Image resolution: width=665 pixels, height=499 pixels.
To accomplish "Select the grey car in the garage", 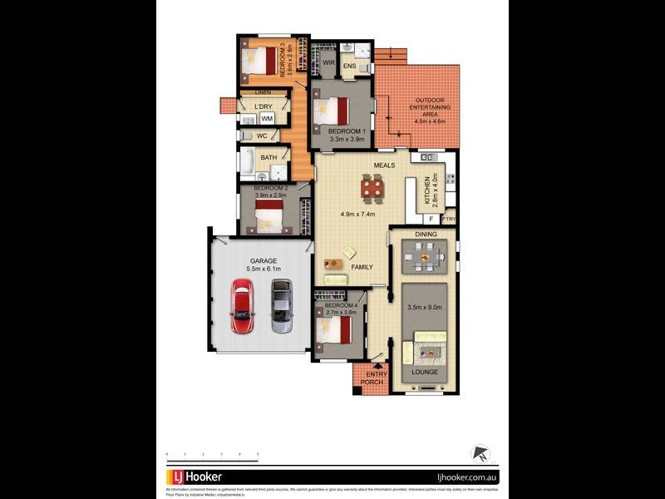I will tap(281, 304).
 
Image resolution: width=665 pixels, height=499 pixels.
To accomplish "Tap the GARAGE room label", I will tap(264, 260).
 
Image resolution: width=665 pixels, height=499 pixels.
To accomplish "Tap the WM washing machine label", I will tap(267, 119).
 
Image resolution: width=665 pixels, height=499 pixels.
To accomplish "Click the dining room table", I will tap(424, 258).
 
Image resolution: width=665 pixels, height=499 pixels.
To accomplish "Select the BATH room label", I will tap(268, 157).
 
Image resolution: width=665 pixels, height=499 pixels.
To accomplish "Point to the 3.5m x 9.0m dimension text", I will tap(424, 307).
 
